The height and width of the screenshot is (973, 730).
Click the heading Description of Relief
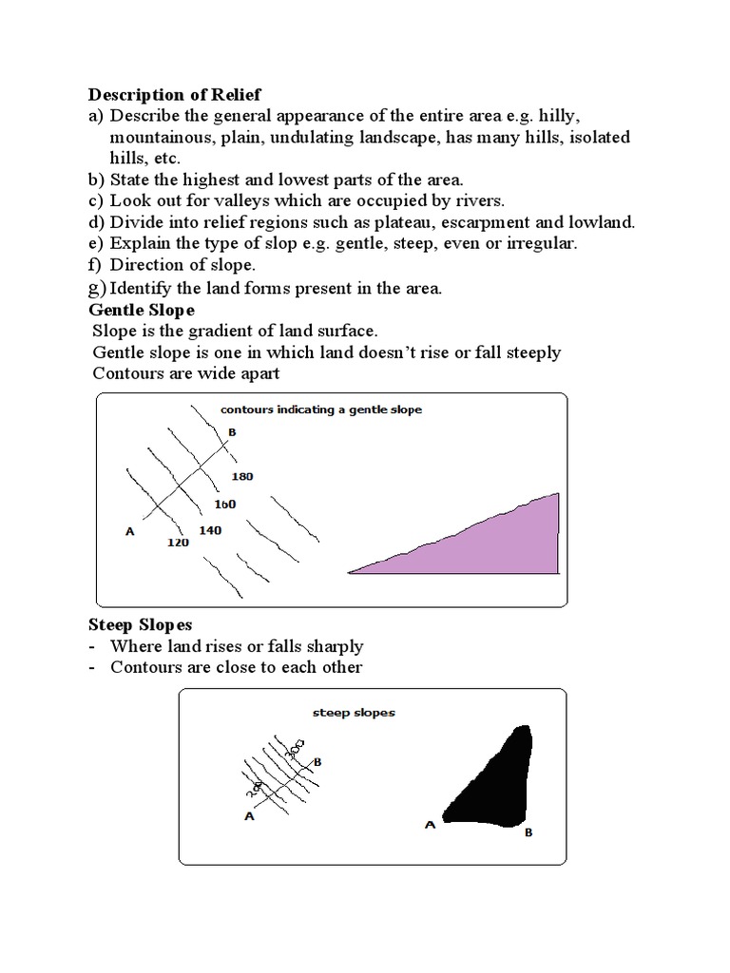pyautogui.click(x=174, y=94)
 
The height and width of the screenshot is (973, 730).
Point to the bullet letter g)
pyautogui.click(x=98, y=288)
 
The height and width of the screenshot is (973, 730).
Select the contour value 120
pyautogui.click(x=178, y=543)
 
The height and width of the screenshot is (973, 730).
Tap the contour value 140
pyautogui.click(x=210, y=528)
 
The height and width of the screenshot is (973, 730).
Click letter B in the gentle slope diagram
pyautogui.click(x=232, y=432)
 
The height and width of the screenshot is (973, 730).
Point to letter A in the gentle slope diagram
pyautogui.click(x=130, y=532)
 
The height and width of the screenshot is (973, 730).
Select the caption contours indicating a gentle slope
pyautogui.click(x=320, y=410)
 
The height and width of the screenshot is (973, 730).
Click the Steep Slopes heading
pyautogui.click(x=141, y=624)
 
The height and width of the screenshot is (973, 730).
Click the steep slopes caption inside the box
pyautogui.click(x=354, y=711)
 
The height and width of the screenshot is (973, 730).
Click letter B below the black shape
pyautogui.click(x=528, y=832)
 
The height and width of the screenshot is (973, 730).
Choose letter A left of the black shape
pyautogui.click(x=430, y=825)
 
